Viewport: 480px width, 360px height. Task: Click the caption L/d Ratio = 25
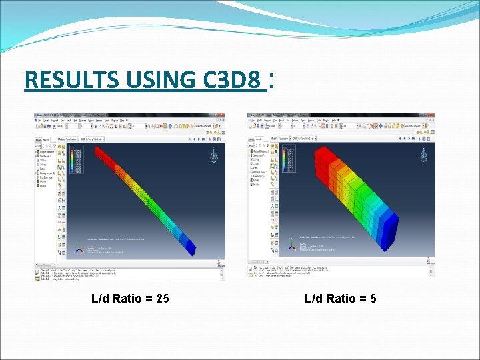coord(130,298)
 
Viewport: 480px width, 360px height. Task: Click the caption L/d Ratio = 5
coord(341,298)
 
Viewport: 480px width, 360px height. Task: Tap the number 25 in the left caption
coord(162,298)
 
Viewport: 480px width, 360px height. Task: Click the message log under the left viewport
coord(127,271)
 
